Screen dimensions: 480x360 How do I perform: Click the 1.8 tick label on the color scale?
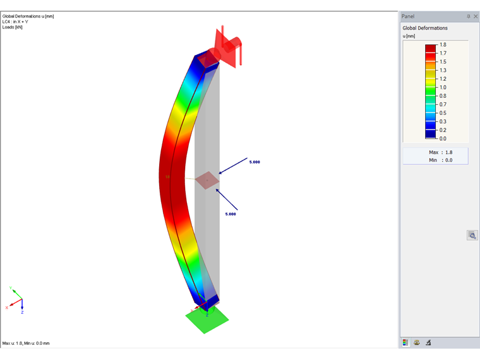coord(443,45)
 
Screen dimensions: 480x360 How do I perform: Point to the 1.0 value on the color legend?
coord(443,87)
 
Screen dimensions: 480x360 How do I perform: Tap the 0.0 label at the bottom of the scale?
coord(443,139)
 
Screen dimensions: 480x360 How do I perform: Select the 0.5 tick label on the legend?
coord(443,113)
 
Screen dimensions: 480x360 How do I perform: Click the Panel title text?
coord(408,16)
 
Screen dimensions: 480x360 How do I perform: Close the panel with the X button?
coord(476,16)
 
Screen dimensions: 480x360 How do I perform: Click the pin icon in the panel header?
coord(469,16)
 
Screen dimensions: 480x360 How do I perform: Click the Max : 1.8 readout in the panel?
coord(440,152)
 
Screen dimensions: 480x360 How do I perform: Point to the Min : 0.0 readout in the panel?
coord(440,160)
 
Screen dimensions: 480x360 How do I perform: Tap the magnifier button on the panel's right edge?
coord(472,235)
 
